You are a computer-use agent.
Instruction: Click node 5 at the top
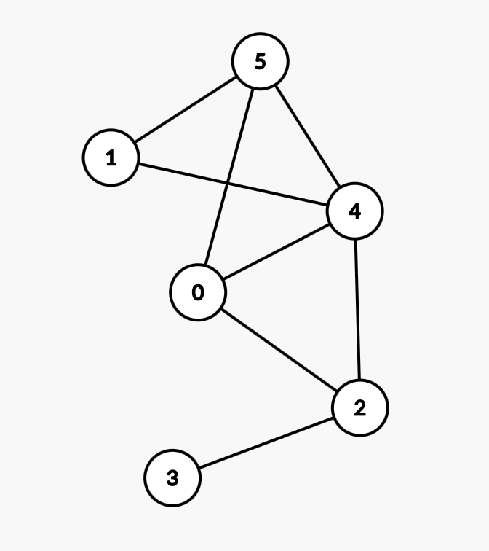(261, 61)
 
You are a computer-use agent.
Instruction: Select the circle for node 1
(111, 157)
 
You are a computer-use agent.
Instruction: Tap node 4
(354, 211)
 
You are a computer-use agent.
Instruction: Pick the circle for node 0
(198, 292)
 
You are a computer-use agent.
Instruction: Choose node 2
(359, 408)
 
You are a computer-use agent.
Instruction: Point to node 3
(172, 478)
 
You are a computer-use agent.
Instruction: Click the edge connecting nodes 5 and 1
(186, 109)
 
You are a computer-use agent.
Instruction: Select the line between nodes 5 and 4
(307, 136)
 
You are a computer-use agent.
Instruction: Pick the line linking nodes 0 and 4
(277, 251)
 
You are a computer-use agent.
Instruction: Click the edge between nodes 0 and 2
(279, 350)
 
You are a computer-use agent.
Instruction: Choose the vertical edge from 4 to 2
(357, 310)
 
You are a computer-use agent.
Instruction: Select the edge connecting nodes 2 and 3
(266, 443)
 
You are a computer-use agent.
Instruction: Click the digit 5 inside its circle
(261, 62)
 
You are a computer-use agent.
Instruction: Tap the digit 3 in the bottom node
(172, 479)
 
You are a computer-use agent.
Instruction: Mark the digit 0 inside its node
(198, 293)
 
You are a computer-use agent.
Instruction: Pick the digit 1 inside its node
(111, 158)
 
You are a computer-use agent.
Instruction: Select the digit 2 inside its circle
(359, 409)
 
